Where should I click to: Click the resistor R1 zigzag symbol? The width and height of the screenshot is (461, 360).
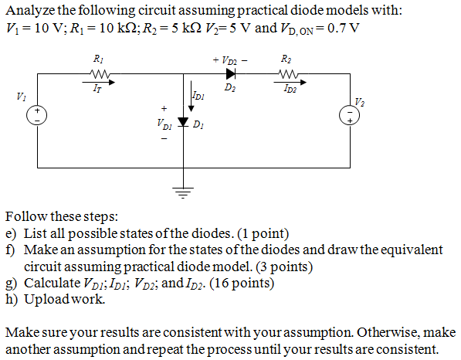click(x=100, y=75)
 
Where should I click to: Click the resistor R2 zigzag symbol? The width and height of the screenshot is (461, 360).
click(x=286, y=75)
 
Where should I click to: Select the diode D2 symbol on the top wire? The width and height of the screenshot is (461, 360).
click(x=229, y=75)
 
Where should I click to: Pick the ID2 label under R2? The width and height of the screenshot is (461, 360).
click(x=286, y=89)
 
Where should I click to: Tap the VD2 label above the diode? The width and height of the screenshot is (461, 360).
click(x=229, y=59)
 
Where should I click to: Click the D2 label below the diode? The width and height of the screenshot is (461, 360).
click(x=229, y=89)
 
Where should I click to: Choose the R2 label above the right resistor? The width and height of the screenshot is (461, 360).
click(x=286, y=59)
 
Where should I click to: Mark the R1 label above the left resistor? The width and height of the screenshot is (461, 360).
click(x=99, y=59)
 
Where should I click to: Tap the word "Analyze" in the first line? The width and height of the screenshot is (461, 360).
click(x=31, y=11)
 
